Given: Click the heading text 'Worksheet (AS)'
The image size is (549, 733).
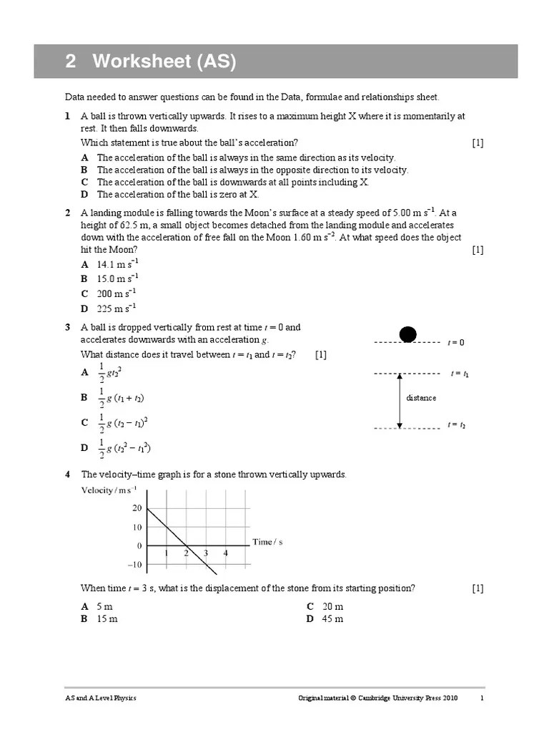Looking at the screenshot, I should pyautogui.click(x=163, y=62).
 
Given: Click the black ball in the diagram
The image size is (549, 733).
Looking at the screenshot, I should pyautogui.click(x=407, y=334).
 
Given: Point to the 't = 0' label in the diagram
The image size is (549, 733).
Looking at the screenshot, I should pyautogui.click(x=456, y=343).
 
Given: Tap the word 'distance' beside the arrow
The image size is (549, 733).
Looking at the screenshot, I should pyautogui.click(x=421, y=398).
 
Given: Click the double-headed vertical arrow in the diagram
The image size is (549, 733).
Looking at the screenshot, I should pyautogui.click(x=400, y=401).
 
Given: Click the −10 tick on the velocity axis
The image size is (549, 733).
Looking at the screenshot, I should pyautogui.click(x=134, y=565).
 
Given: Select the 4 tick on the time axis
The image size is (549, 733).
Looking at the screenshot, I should pyautogui.click(x=225, y=553).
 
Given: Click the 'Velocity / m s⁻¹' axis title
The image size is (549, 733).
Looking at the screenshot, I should pyautogui.click(x=109, y=490).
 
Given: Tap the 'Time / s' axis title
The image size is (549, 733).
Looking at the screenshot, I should pyautogui.click(x=268, y=542).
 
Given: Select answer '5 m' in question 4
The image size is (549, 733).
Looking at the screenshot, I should pyautogui.click(x=104, y=606).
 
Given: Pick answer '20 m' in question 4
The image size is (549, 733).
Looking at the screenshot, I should pyautogui.click(x=332, y=606).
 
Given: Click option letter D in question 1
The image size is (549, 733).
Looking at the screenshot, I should pyautogui.click(x=84, y=195).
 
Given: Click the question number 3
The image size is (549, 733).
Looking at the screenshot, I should pyautogui.click(x=67, y=328).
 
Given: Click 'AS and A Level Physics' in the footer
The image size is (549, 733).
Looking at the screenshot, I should pyautogui.click(x=100, y=699).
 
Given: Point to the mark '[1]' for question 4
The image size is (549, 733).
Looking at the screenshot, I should pyautogui.click(x=478, y=588).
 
